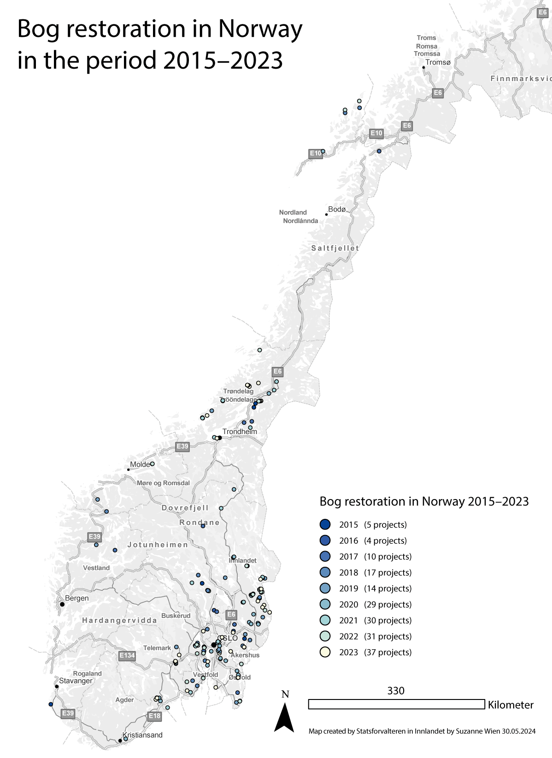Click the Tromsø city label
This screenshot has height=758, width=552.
pyautogui.click(x=438, y=62)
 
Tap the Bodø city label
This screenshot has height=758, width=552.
pyautogui.click(x=337, y=209)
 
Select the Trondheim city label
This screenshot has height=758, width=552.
pyautogui.click(x=240, y=432)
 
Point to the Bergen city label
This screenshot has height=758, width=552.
pyautogui.click(x=76, y=598)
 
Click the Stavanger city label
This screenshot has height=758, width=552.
pyautogui.click(x=76, y=681)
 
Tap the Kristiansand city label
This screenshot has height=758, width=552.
pyautogui.click(x=142, y=735)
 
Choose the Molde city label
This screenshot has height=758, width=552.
pyautogui.click(x=140, y=464)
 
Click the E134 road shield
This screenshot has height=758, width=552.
pyautogui.click(x=127, y=656)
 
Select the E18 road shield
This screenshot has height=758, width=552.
pyautogui.click(x=154, y=716)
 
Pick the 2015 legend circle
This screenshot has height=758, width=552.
pyautogui.click(x=325, y=524)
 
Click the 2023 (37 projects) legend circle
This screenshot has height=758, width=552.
pyautogui.click(x=325, y=652)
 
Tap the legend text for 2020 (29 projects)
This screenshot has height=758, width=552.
pyautogui.click(x=375, y=604)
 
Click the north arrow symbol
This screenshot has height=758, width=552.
pyautogui.click(x=284, y=717)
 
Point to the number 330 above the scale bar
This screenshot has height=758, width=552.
pyautogui.click(x=396, y=690)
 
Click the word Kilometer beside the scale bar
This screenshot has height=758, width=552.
pyautogui.click(x=511, y=705)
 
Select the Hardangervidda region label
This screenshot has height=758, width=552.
pyautogui.click(x=119, y=620)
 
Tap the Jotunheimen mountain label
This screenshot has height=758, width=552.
pyautogui.click(x=158, y=545)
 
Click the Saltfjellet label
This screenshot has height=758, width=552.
pyautogui.click(x=335, y=248)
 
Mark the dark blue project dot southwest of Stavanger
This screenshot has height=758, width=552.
pyautogui.click(x=51, y=704)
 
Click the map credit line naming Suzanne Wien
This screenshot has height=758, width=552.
pyautogui.click(x=422, y=731)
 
